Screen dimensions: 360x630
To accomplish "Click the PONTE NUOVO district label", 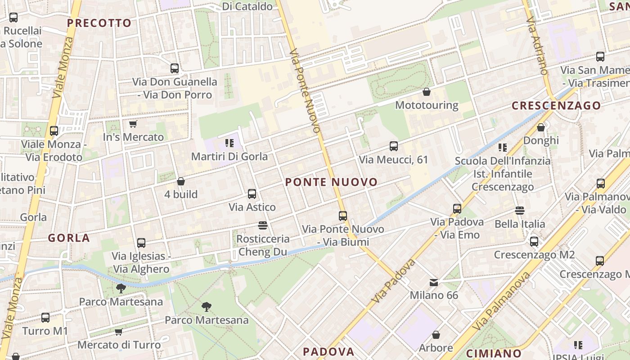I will [x=331, y=182].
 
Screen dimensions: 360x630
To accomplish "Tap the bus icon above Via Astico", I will [x=252, y=194].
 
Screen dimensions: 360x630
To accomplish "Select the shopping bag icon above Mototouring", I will [x=427, y=92].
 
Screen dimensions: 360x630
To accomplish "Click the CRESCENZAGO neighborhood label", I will [x=556, y=106].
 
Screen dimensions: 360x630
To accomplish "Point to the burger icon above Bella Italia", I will [x=520, y=211].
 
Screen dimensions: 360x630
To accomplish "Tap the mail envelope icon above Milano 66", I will [x=434, y=283].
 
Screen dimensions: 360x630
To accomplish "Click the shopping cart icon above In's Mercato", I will [x=133, y=124].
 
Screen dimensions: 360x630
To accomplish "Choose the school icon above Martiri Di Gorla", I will [x=229, y=144].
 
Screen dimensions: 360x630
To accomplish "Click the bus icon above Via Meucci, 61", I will [x=394, y=146].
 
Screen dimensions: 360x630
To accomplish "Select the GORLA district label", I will [x=69, y=238].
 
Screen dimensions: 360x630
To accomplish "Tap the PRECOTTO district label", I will [x=99, y=23].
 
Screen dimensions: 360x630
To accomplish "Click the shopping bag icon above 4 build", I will [x=181, y=181].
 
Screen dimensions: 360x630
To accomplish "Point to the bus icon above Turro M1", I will [x=45, y=318].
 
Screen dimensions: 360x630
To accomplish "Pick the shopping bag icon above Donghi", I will [x=541, y=128].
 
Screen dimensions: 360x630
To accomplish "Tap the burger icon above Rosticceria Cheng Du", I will [x=263, y=225].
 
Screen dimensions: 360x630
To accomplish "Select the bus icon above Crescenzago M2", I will [x=534, y=242].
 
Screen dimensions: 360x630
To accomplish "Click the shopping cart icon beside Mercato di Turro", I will [x=118, y=332].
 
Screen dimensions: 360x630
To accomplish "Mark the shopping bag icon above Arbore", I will [x=436, y=335].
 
